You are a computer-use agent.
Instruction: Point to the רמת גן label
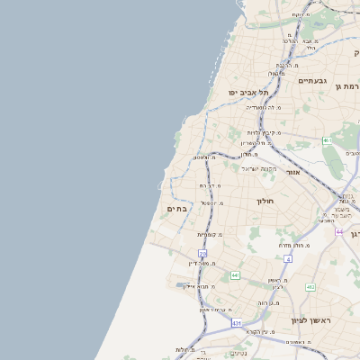pyautogui.click(x=347, y=86)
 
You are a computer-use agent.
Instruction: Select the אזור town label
pyautogui.click(x=292, y=172)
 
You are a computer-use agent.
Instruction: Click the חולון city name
pyautogui.click(x=265, y=201)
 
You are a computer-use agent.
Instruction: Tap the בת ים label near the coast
pyautogui.click(x=176, y=209)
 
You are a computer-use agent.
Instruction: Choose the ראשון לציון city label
pyautogui.click(x=311, y=319)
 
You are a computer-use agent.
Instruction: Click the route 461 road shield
pyautogui.click(x=328, y=140)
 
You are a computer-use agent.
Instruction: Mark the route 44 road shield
pyautogui.click(x=338, y=232)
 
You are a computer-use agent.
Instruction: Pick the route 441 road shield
pyautogui.click(x=235, y=274)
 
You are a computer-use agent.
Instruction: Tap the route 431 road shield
pyautogui.click(x=237, y=322)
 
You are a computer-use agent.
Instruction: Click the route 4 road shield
pyautogui.click(x=288, y=259)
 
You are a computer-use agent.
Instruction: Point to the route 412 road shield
pyautogui.click(x=310, y=287)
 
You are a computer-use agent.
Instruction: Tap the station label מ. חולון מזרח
pyautogui.click(x=293, y=244)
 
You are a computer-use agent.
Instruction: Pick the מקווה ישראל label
pyautogui.click(x=256, y=168)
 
